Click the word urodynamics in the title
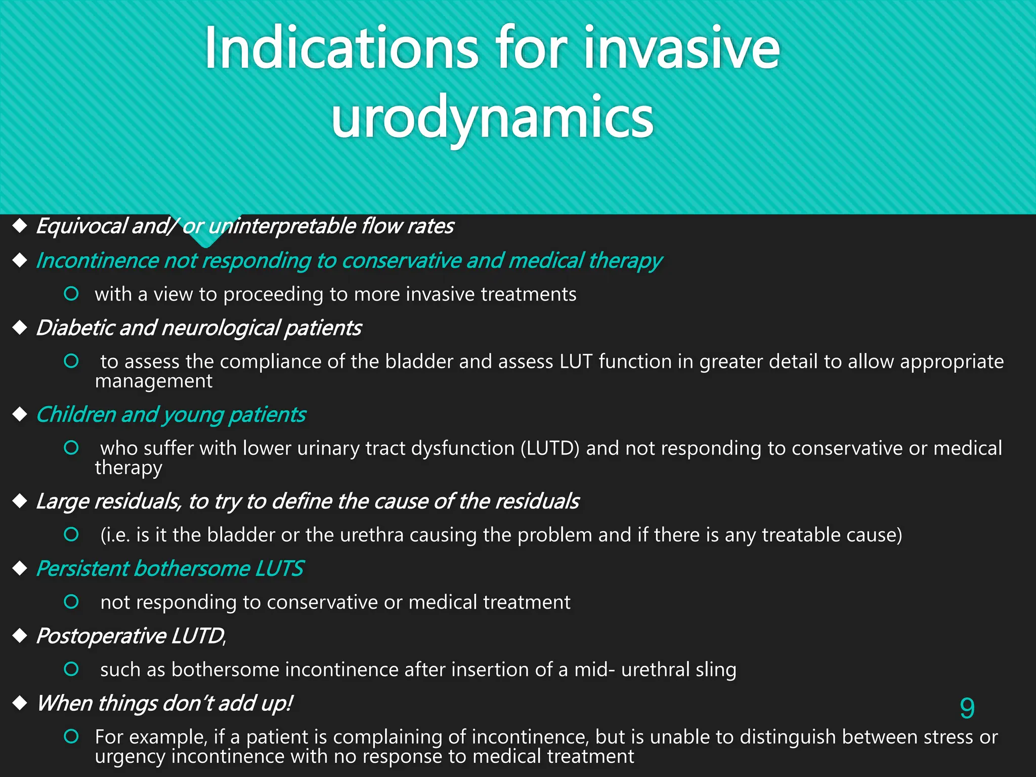click(x=492, y=117)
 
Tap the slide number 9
click(x=967, y=708)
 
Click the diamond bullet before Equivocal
click(x=20, y=226)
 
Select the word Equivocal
click(x=81, y=226)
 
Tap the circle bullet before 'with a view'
click(x=71, y=293)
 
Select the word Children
click(x=76, y=414)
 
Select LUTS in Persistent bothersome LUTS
click(x=279, y=569)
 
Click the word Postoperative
click(x=101, y=636)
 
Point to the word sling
click(x=715, y=670)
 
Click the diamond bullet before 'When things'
click(x=20, y=703)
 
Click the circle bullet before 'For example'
click(x=71, y=737)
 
